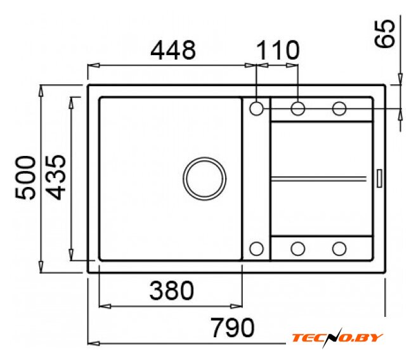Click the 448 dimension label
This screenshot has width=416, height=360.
(173, 50)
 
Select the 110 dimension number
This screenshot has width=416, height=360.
(278, 50)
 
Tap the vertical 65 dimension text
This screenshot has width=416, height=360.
(384, 34)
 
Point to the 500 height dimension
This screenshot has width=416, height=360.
(25, 177)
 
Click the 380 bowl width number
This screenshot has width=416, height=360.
(172, 290)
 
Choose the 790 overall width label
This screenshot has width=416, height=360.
(232, 328)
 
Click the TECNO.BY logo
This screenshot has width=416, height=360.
(337, 338)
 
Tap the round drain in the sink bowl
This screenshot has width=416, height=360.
(204, 178)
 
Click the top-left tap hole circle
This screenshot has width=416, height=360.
(256, 108)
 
